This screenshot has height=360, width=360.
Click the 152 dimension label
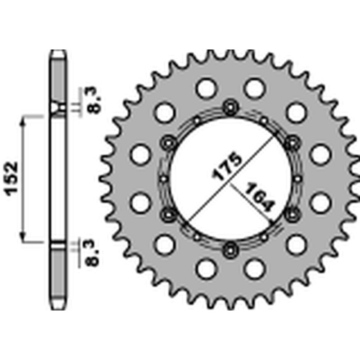click(13, 177)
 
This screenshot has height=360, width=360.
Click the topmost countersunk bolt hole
click(231, 107)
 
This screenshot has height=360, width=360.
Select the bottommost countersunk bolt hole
click(231, 247)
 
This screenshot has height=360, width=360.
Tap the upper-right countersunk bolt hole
click(292, 142)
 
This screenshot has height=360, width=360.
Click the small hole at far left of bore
click(164, 178)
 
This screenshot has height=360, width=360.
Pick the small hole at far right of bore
click(298, 178)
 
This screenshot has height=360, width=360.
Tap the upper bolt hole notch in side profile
click(58, 108)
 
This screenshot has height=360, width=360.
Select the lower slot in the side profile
click(58, 245)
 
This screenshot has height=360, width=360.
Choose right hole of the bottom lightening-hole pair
click(254, 269)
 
